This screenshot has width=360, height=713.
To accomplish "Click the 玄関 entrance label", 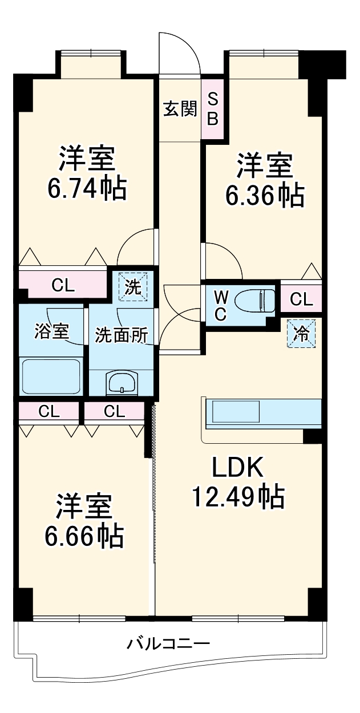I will [x=180, y=108].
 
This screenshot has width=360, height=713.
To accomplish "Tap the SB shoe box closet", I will [x=212, y=108].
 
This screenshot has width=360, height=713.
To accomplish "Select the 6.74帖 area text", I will [x=87, y=188].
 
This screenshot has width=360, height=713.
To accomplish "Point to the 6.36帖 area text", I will [x=264, y=196].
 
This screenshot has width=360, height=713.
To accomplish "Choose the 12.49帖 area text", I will [x=237, y=497].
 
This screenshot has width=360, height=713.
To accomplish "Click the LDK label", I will [x=237, y=468].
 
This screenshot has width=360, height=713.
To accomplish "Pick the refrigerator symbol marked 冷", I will [x=300, y=333].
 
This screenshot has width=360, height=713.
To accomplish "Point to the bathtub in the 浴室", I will [x=51, y=376].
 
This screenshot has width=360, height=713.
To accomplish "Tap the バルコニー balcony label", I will [x=169, y=644].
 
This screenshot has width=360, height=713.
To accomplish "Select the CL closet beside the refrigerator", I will [x=301, y=298].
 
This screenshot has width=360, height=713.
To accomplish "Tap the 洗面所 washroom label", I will [x=122, y=335].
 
